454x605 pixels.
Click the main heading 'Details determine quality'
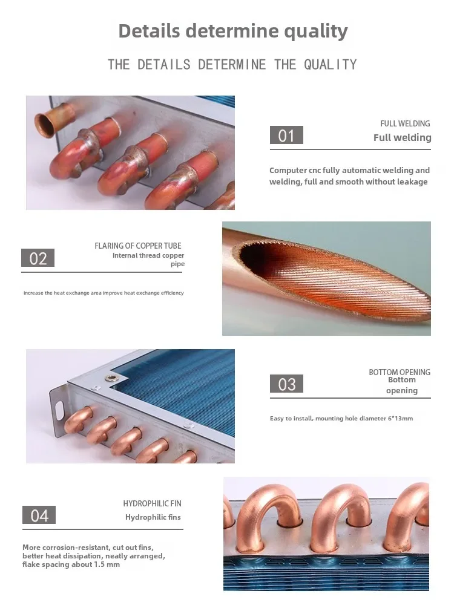[x=233, y=31]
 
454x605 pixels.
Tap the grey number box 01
[x=286, y=136]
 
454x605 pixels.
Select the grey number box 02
[x=38, y=258]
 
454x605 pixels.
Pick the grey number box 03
[x=286, y=384]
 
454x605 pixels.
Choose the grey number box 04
[x=39, y=515]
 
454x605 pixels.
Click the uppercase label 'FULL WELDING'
[x=405, y=123]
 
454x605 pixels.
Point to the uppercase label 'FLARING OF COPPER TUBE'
[x=138, y=246]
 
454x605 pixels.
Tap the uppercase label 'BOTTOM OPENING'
[x=400, y=372]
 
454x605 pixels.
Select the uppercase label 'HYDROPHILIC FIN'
[x=152, y=503]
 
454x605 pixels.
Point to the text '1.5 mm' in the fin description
[x=106, y=564]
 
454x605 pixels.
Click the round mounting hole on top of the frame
[x=111, y=379]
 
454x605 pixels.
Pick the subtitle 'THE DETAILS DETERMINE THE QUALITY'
[x=232, y=64]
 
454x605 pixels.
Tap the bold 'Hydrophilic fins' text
[x=153, y=517]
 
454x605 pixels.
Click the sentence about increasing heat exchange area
[x=104, y=293]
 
